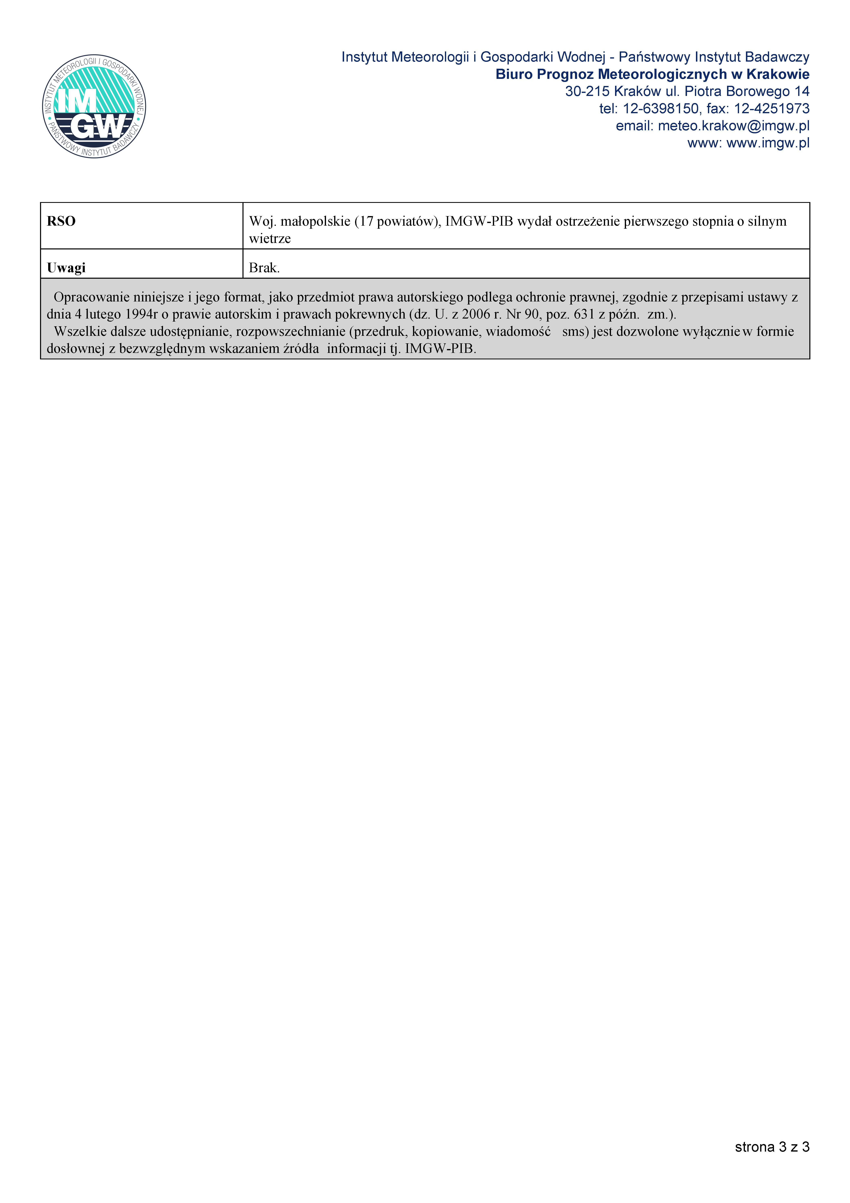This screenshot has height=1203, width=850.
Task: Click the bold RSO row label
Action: click(61, 221)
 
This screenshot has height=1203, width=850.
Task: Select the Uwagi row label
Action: click(66, 268)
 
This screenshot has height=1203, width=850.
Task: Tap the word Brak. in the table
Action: click(264, 268)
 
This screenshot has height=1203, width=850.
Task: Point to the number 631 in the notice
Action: click(584, 314)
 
